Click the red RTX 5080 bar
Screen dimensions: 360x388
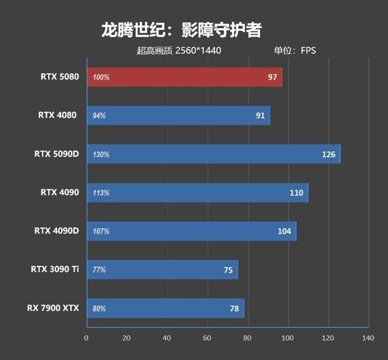click(x=185, y=77)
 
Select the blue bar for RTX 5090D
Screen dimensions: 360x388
click(x=213, y=154)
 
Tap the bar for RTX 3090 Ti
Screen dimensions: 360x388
click(x=162, y=270)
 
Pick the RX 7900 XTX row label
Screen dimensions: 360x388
click(x=52, y=308)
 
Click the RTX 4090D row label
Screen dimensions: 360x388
click(x=56, y=231)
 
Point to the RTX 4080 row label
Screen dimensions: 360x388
click(x=59, y=115)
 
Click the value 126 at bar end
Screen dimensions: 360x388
click(x=328, y=155)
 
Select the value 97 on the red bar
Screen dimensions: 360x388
click(x=272, y=78)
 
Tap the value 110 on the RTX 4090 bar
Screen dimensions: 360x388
click(x=296, y=193)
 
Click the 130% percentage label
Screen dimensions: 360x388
click(x=101, y=155)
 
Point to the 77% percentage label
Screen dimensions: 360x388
click(x=99, y=271)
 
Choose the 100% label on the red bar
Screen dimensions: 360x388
click(x=101, y=78)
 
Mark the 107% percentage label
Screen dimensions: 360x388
click(x=101, y=232)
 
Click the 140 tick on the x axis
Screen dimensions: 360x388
click(x=368, y=338)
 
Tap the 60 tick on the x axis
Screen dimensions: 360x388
click(x=207, y=338)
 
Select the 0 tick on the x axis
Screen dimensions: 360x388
click(x=86, y=338)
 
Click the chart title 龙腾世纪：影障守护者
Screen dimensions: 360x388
click(x=181, y=29)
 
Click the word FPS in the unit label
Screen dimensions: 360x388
click(x=308, y=51)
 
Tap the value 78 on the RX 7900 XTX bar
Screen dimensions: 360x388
click(x=233, y=309)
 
